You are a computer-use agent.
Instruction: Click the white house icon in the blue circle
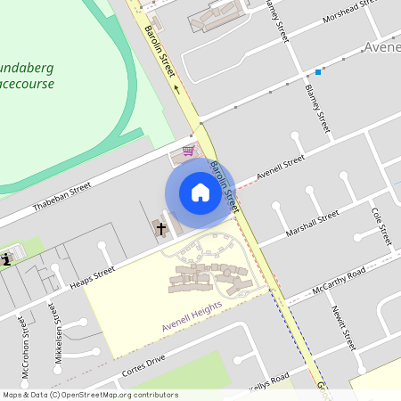click(200, 192)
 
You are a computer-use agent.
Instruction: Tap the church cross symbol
click(161, 229)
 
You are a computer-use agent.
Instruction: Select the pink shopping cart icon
click(188, 151)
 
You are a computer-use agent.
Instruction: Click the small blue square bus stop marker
click(317, 71)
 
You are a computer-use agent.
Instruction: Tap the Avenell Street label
click(280, 167)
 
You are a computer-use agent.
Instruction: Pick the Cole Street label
click(381, 227)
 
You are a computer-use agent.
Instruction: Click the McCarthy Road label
click(339, 280)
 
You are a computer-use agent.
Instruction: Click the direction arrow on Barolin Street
click(176, 89)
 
